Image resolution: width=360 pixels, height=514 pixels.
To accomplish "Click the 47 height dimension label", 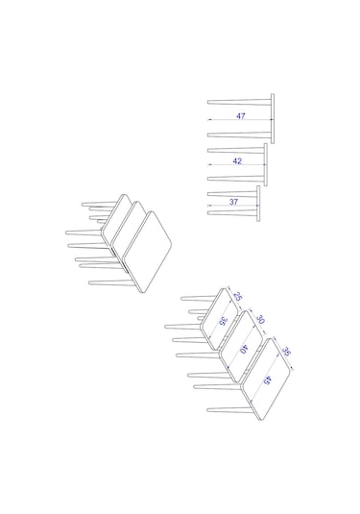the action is click(241, 116).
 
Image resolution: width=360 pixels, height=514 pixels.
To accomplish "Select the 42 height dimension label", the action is click(237, 161).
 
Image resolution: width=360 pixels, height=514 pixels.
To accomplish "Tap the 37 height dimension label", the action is click(233, 202).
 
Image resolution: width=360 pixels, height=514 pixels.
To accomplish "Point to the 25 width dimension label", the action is click(238, 296).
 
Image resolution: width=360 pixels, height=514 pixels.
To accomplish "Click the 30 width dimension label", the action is click(260, 319).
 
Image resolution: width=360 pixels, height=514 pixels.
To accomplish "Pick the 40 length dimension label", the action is click(244, 349).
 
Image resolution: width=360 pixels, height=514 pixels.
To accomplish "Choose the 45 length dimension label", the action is click(268, 380).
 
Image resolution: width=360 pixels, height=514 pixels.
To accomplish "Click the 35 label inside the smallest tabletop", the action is click(223, 322).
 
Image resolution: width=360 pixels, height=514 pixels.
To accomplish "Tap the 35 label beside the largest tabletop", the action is click(286, 352).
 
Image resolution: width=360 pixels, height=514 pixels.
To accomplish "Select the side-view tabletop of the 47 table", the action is click(273, 119).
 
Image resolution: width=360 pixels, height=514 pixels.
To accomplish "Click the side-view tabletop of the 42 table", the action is click(266, 164).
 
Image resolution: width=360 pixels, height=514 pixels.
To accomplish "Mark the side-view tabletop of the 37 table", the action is click(258, 204).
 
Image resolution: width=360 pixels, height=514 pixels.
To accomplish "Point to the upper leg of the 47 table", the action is click(239, 103).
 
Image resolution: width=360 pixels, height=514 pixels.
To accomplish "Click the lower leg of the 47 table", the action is click(239, 135).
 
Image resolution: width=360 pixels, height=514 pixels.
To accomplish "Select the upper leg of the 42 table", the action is click(235, 150).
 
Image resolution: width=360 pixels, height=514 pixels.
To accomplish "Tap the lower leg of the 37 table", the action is click(232, 212).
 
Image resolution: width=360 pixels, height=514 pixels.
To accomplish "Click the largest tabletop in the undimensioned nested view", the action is click(148, 252).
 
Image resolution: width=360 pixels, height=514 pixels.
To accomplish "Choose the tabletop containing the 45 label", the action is click(266, 379).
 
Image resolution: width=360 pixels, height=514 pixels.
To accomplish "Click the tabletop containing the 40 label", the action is click(242, 346).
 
